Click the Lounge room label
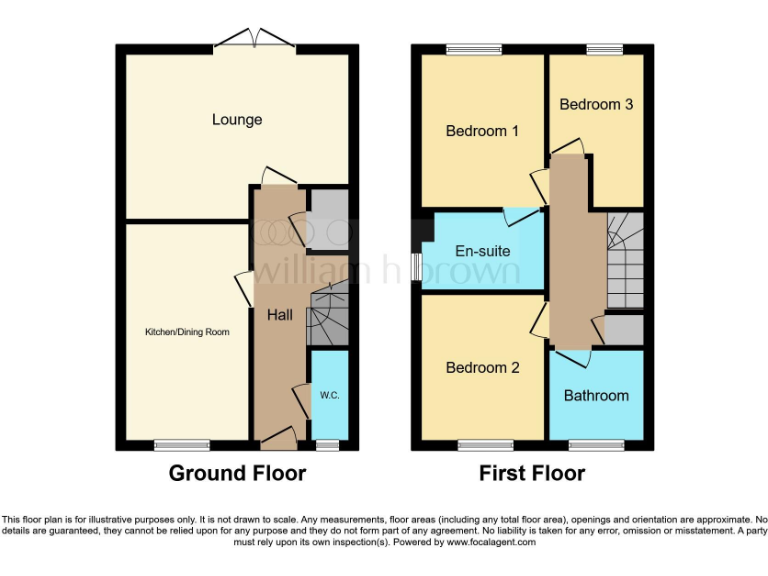coord(237,120)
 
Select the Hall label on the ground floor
coord(279,315)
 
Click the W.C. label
coord(330,395)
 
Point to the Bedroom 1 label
coord(482,131)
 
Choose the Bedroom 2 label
coord(482,367)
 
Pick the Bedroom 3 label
coord(596,104)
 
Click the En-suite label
coord(482,252)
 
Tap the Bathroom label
coord(596,395)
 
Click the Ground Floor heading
coord(237,473)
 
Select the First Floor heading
coord(531,473)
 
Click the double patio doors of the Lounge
coord(254,40)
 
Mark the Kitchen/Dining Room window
coord(182,445)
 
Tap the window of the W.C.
coord(326,445)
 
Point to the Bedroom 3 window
coord(603,48)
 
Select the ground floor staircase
coord(328,313)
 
